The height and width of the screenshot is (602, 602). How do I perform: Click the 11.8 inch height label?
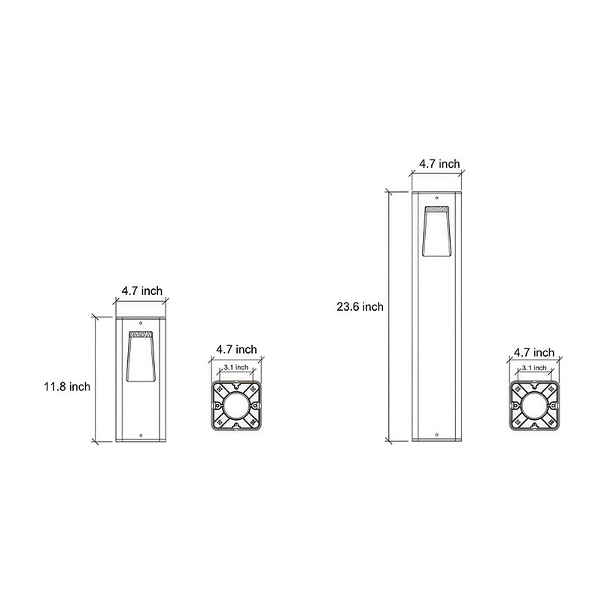point(67,387)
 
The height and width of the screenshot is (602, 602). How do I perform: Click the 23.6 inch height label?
point(360,306)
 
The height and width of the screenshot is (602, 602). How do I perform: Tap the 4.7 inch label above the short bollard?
point(141,290)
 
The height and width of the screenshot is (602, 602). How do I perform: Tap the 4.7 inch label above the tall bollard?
point(439,163)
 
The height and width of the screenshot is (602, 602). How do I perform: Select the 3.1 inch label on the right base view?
point(534,368)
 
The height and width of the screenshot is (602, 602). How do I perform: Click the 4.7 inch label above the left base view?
point(236,349)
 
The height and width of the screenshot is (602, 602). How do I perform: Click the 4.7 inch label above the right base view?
point(534,352)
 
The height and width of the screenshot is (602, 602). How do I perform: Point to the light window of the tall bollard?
point(437,233)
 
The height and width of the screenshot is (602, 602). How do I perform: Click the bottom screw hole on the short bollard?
point(141,434)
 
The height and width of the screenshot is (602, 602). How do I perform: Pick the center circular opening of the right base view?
point(534,407)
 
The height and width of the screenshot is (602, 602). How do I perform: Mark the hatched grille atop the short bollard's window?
point(140,334)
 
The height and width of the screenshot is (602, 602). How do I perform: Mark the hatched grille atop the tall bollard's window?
point(437,208)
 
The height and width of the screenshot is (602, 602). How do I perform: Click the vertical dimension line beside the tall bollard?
point(388,316)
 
